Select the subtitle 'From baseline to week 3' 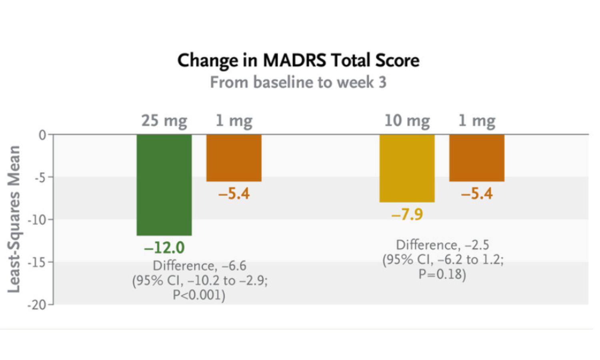coord(298,82)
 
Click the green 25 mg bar coord(164,184)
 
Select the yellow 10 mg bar coord(407,168)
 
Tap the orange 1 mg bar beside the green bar coord(234,158)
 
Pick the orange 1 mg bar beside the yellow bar coord(476,158)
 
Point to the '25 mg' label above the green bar coord(164,120)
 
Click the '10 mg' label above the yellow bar coord(407,120)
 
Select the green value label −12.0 coord(164,248)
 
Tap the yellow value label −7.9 coord(407,214)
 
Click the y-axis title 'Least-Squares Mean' coord(14,219)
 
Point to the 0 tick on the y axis coord(42,135)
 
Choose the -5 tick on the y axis coord(40,178)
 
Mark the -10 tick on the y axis coord(38,220)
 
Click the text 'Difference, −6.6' coord(199,266)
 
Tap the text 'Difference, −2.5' coord(442,245)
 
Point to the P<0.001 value coord(199,295)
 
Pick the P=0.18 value coord(442,274)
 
